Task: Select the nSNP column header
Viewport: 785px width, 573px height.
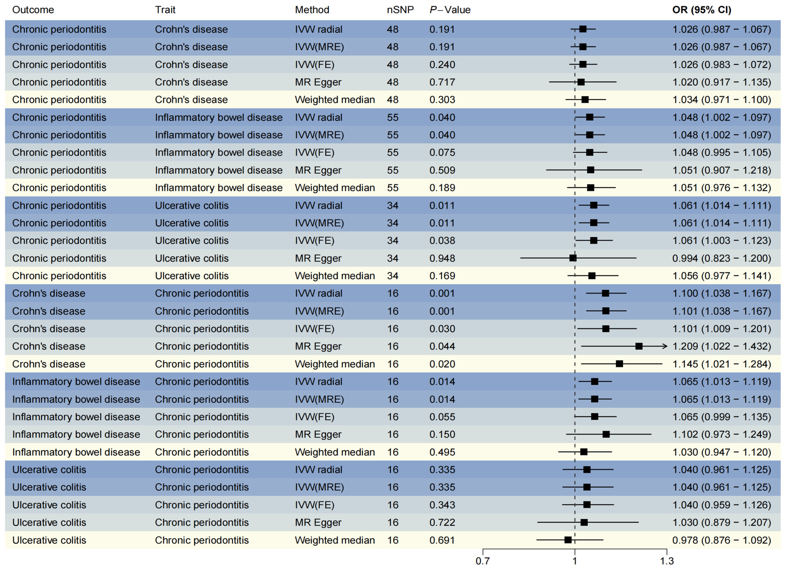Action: [x=400, y=10]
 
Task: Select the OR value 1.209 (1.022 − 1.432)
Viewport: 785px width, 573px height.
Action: [x=721, y=346]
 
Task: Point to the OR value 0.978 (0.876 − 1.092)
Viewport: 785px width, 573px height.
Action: [x=721, y=540]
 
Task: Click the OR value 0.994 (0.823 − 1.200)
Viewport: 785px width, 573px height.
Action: [x=721, y=258]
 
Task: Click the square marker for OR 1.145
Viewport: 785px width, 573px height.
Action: [x=619, y=364]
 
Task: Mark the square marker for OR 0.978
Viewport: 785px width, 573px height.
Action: [x=568, y=540]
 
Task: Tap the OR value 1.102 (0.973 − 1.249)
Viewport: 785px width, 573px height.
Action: [x=721, y=434]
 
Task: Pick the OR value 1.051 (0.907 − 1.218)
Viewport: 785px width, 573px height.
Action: [x=721, y=170]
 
